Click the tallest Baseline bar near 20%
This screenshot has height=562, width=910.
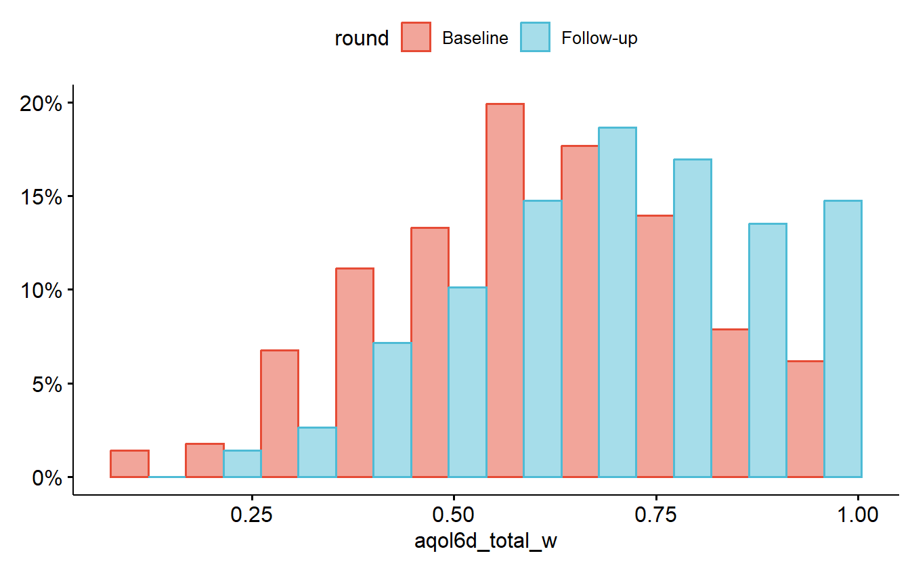tap(505, 291)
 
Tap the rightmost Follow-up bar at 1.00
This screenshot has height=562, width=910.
tap(842, 339)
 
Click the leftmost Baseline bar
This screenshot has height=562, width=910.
tap(129, 464)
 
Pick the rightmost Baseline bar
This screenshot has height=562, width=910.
tap(805, 419)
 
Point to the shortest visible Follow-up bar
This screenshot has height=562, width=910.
tap(242, 464)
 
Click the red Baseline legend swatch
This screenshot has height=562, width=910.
tap(416, 37)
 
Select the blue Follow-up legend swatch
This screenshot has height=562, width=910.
tap(535, 37)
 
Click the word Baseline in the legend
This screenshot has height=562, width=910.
tap(475, 39)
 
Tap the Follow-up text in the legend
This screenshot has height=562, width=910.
tap(599, 39)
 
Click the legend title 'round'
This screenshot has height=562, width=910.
tap(362, 39)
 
